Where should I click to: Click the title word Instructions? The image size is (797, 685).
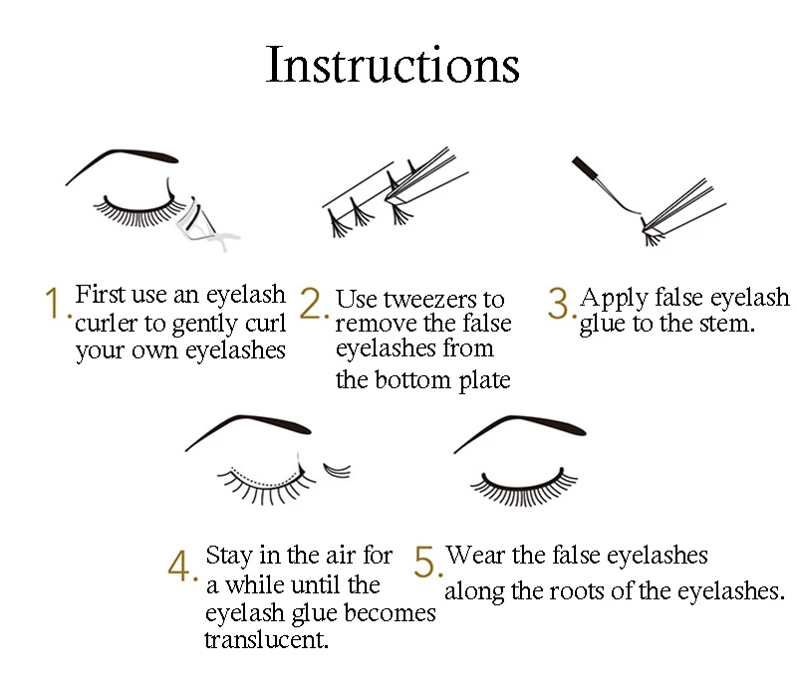point(393,65)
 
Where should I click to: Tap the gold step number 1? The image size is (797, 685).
point(56,304)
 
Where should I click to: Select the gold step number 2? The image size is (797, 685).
point(313,304)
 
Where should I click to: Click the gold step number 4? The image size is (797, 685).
point(181,567)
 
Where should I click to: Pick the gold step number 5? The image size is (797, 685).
point(426,563)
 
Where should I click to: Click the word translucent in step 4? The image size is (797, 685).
point(266,639)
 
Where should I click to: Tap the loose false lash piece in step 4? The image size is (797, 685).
point(338,466)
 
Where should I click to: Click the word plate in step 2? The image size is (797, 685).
point(482,380)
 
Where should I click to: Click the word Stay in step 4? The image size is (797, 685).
point(228,555)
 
